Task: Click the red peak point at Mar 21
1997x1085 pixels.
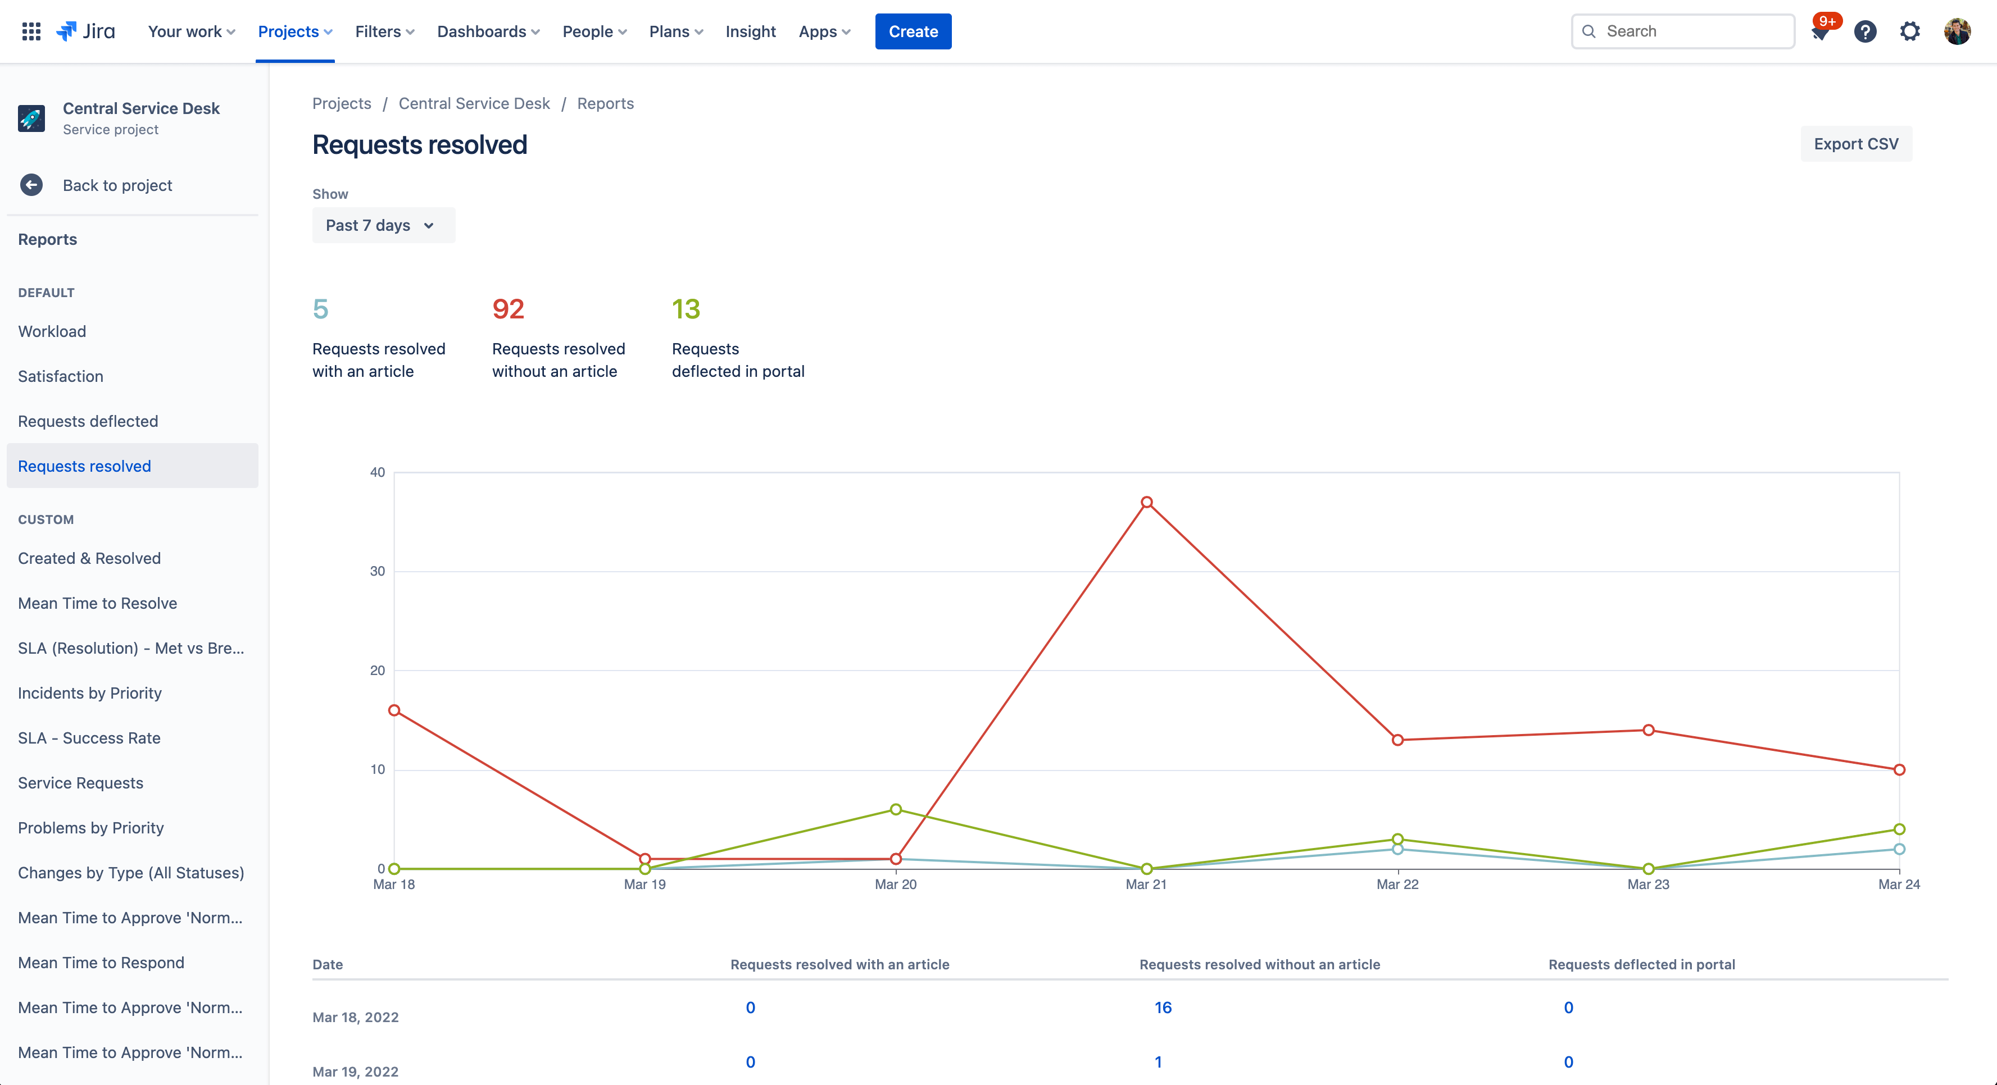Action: point(1147,502)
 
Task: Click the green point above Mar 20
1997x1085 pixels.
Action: point(896,809)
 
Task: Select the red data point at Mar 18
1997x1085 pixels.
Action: point(394,710)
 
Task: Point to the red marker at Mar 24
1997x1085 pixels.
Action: point(1899,769)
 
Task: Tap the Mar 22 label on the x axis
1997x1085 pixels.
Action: point(1397,885)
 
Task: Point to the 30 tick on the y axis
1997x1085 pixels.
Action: point(378,571)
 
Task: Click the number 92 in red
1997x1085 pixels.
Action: point(509,309)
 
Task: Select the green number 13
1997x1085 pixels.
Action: point(686,309)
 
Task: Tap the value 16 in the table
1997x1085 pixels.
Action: point(1163,1008)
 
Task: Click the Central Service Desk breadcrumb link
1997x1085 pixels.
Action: point(474,104)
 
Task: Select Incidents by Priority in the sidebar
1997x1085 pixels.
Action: point(90,694)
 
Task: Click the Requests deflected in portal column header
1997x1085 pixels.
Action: point(1641,965)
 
